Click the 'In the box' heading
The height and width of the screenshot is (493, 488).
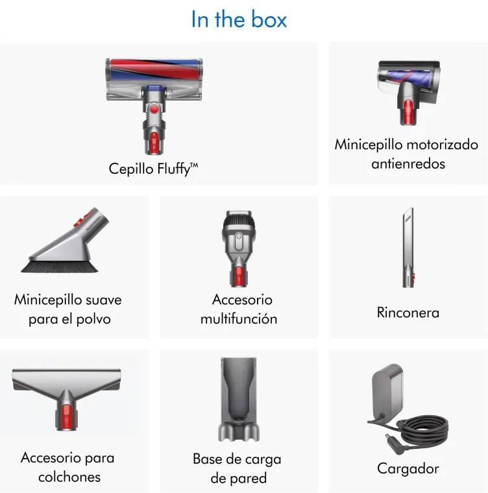(239, 19)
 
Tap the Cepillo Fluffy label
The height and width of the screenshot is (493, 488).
(153, 169)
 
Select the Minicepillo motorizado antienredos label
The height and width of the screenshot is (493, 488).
(406, 154)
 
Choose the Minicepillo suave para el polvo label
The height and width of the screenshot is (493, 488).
(67, 309)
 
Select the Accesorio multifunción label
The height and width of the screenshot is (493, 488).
(239, 309)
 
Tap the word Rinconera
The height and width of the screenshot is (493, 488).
(408, 313)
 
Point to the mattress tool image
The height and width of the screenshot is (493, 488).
(67, 396)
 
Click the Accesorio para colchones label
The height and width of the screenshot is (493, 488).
(67, 467)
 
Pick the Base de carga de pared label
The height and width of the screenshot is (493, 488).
(238, 468)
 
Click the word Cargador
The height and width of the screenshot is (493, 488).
(408, 468)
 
